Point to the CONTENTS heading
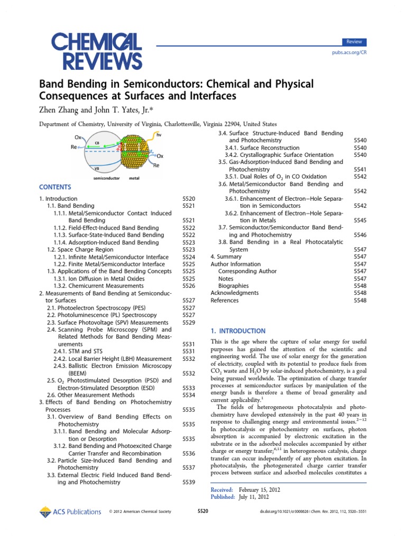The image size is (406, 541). pos(54,187)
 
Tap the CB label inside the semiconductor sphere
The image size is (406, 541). pos(97,142)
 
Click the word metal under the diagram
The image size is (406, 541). pos(134,178)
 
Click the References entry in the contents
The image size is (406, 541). pos(225,300)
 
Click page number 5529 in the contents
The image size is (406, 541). pos(189,322)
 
